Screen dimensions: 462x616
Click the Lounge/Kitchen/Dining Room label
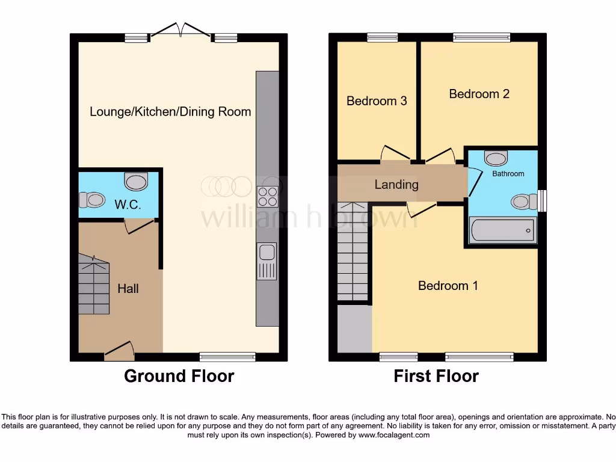click(x=170, y=112)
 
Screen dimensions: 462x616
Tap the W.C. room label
click(x=128, y=205)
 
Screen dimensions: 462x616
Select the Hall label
click(x=128, y=289)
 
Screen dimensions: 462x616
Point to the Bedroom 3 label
click(x=377, y=101)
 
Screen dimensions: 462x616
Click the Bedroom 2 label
click(x=479, y=94)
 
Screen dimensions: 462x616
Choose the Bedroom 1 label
click(x=448, y=286)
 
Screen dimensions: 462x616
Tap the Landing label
click(x=396, y=185)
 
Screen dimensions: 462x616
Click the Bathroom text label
click(x=508, y=174)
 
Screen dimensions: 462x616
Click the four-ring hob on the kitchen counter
click(x=267, y=197)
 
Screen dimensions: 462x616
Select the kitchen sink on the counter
click(x=266, y=261)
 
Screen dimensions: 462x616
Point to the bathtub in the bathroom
click(x=502, y=230)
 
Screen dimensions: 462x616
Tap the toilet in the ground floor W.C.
click(x=93, y=199)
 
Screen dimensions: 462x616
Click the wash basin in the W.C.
click(x=136, y=180)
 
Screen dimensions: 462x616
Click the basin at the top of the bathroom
click(x=496, y=158)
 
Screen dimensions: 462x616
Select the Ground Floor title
click(x=179, y=377)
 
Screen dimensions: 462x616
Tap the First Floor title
click(x=436, y=377)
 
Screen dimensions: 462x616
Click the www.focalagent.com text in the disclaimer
click(x=394, y=435)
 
